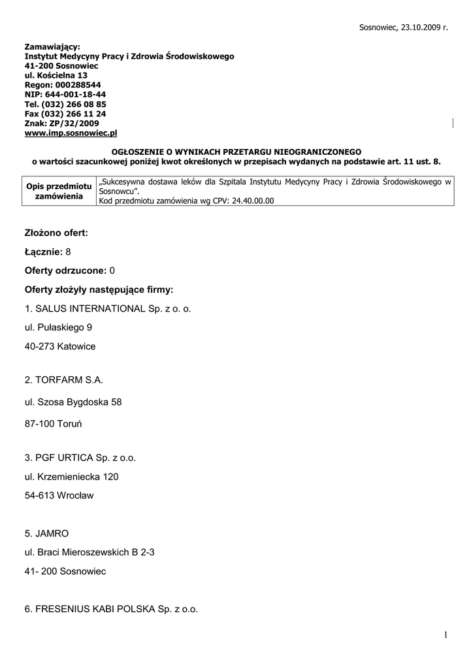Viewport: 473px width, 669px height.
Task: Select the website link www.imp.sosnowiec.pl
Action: coord(71,133)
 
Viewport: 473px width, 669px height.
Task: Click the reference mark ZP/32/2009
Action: coord(74,123)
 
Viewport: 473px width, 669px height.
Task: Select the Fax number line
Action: coord(65,114)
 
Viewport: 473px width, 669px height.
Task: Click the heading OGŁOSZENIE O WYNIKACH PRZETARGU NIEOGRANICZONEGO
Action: coord(236,151)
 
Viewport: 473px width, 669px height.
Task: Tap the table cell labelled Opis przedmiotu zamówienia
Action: coord(59,191)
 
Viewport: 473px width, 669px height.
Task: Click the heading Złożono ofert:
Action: coord(56,233)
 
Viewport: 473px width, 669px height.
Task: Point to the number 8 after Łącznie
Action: coord(68,252)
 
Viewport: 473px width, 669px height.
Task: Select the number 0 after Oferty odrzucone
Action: coord(112,270)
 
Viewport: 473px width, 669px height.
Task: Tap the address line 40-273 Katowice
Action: coord(60,346)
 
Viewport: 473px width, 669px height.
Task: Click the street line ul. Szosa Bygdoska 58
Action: coord(73,402)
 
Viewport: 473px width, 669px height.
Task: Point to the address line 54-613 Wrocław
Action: coord(59,495)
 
